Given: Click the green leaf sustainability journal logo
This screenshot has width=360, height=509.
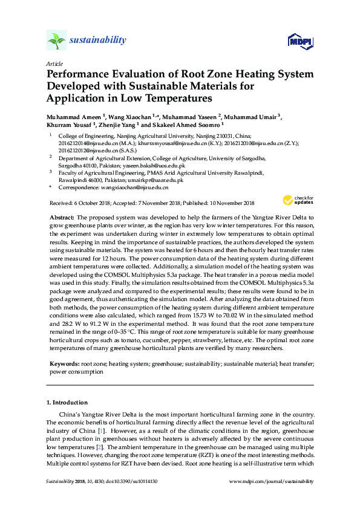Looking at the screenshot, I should click(56, 41).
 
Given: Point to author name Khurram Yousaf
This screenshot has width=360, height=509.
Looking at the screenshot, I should click(68, 125).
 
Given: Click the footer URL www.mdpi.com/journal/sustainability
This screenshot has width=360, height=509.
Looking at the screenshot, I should click(273, 482).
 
